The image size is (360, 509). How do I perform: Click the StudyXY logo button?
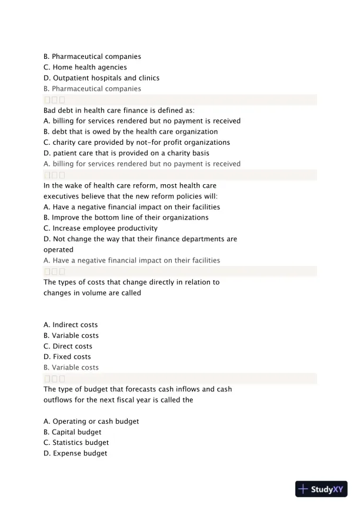coord(321,489)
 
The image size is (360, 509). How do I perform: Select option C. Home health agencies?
coord(85,67)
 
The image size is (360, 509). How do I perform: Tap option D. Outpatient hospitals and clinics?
coord(101,78)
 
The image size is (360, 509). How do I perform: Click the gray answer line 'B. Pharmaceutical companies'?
coord(92,89)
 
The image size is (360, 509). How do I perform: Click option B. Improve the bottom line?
coord(126,218)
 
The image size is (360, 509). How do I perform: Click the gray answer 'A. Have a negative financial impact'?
coord(132,260)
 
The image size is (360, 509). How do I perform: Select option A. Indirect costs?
coord(71,325)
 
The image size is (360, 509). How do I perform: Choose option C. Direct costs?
coord(68,346)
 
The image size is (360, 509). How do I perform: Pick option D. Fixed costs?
coord(67,357)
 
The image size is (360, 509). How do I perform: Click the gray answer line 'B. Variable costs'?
coord(71,368)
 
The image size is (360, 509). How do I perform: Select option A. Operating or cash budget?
coord(91,421)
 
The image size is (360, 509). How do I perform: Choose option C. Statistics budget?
coord(76,443)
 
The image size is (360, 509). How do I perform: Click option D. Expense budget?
coord(75,453)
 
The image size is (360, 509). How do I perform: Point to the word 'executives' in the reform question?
coord(61,196)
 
